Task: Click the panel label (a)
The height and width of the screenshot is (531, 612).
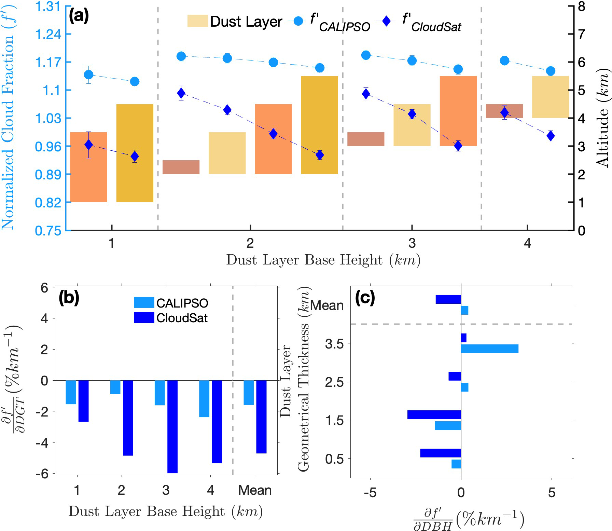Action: (x=79, y=16)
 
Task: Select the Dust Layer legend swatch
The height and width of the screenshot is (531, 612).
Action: (x=197, y=21)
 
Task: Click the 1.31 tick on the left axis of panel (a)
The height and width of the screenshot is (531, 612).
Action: (x=48, y=6)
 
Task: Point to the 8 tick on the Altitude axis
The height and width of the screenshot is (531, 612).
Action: (x=582, y=6)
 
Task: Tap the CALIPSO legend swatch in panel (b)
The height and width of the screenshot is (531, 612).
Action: (x=144, y=303)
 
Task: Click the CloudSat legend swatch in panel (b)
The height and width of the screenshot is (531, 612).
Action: (x=144, y=318)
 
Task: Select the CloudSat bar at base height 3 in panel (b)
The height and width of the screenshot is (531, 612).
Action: (x=172, y=426)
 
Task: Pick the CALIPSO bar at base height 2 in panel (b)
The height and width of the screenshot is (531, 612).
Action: (x=115, y=387)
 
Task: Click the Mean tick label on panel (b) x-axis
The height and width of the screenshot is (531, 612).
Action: (x=255, y=490)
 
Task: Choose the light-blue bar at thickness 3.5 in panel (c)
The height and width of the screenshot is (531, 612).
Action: (x=489, y=349)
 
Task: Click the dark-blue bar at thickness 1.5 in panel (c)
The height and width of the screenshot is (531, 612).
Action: (x=434, y=414)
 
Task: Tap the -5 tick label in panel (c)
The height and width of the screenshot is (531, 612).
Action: (x=370, y=493)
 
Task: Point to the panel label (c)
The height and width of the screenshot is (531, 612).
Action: (x=365, y=298)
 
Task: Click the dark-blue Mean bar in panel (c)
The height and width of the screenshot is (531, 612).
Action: (x=448, y=299)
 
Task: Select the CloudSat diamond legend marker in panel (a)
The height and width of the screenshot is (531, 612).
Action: (x=387, y=22)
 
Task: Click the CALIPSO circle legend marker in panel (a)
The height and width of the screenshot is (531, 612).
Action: (x=298, y=22)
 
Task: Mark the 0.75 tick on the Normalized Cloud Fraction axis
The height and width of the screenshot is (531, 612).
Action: (x=48, y=231)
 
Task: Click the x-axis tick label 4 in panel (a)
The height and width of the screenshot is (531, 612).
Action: (x=528, y=243)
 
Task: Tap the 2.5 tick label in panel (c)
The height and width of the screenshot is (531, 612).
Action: (x=334, y=382)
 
